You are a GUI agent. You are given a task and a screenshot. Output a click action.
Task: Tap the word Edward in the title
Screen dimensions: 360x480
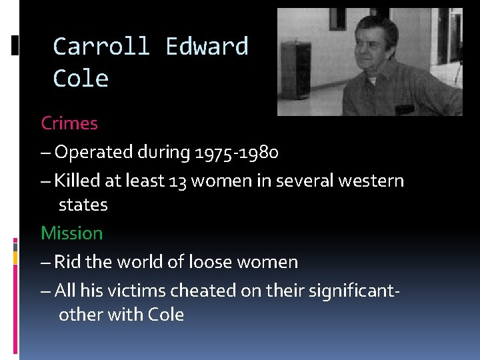click(x=207, y=47)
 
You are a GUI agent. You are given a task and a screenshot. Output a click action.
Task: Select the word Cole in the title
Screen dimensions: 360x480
click(x=81, y=79)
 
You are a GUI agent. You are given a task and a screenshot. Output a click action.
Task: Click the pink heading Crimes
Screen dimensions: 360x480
click(x=69, y=123)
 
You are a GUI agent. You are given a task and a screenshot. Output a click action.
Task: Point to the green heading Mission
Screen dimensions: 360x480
click(x=72, y=233)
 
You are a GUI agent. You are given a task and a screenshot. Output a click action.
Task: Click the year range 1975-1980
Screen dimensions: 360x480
click(x=237, y=153)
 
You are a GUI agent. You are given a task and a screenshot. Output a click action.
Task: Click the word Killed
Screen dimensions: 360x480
click(x=75, y=181)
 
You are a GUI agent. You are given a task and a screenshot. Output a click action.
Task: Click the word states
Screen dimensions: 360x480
click(x=83, y=205)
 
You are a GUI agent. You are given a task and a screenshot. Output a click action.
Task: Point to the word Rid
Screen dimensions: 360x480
click(x=67, y=262)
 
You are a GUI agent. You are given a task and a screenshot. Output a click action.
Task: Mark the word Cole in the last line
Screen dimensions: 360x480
click(x=166, y=315)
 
